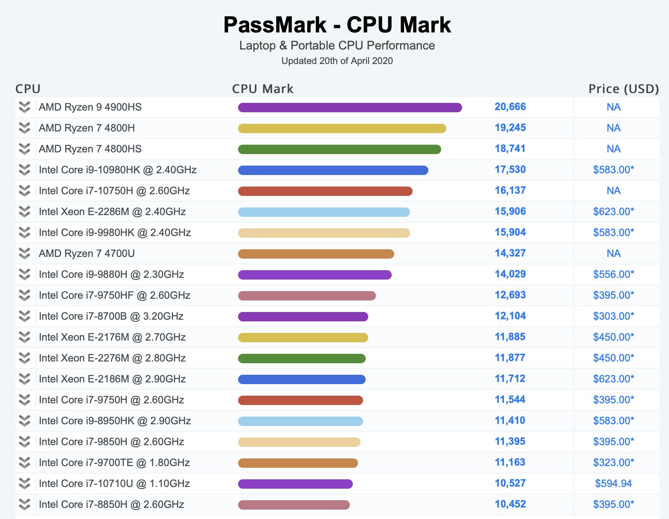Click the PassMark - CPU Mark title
click(337, 25)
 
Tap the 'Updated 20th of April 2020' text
click(337, 61)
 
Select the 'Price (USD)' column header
click(623, 89)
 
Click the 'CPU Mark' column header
click(262, 89)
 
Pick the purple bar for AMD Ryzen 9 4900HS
click(350, 108)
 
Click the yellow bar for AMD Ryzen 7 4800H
click(342, 128)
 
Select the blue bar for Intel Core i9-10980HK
click(333, 170)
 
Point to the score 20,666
click(510, 107)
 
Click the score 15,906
click(510, 211)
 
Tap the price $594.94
click(613, 483)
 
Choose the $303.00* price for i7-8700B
click(613, 316)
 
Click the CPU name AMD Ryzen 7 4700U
click(87, 254)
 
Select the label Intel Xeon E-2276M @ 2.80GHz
click(112, 358)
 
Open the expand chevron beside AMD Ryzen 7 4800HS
click(25, 149)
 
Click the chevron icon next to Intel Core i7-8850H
click(25, 504)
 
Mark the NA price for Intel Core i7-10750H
click(613, 190)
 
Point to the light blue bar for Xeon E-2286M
click(324, 212)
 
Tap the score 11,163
click(510, 462)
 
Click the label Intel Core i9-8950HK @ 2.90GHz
click(115, 421)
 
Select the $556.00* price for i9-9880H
click(613, 274)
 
